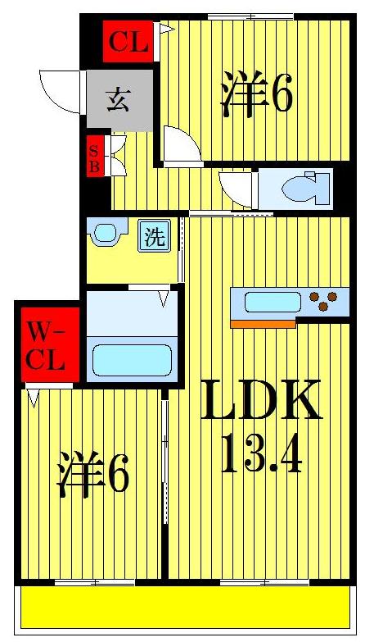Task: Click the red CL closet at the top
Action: pyautogui.click(x=128, y=42)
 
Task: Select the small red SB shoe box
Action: pyautogui.click(x=96, y=156)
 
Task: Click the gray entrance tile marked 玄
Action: pyautogui.click(x=119, y=99)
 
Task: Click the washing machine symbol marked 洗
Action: pyautogui.click(x=154, y=236)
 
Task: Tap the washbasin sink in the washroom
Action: pyautogui.click(x=106, y=233)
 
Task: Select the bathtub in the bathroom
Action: pyautogui.click(x=132, y=359)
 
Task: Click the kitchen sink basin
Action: pyautogui.click(x=273, y=302)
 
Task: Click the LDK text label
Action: pyautogui.click(x=259, y=403)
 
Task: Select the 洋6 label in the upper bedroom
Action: pyautogui.click(x=255, y=96)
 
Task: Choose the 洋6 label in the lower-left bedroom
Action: pyautogui.click(x=92, y=478)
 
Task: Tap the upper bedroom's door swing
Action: pyautogui.click(x=180, y=146)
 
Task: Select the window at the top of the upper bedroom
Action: pyautogui.click(x=250, y=16)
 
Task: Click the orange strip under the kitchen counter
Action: pyautogui.click(x=263, y=324)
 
